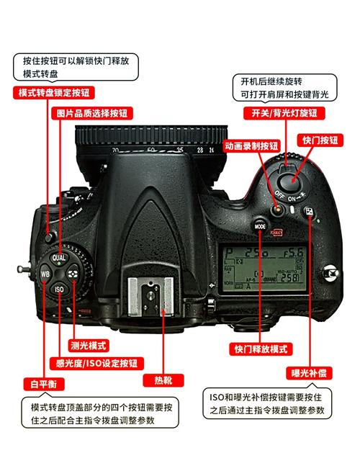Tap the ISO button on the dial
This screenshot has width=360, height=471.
coord(59,289)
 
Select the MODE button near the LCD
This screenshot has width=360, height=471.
coord(261,225)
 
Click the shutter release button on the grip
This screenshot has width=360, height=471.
coord(292,176)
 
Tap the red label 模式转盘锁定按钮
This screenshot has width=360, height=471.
coord(55,92)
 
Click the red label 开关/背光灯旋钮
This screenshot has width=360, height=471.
coord(284,113)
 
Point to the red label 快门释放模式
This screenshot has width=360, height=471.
coord(261,349)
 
